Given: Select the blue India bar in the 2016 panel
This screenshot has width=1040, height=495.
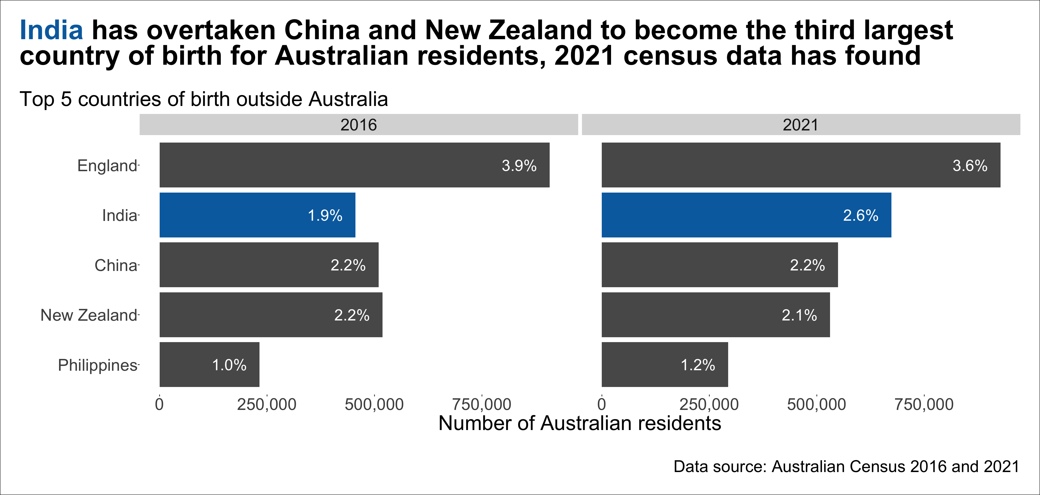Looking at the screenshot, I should [257, 215].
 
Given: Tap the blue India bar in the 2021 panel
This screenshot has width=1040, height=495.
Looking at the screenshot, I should [746, 215].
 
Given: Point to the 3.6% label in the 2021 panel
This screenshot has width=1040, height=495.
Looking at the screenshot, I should [970, 166].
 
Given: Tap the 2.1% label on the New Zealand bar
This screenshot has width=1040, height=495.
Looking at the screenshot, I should [799, 315].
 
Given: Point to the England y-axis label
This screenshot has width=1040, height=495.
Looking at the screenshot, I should [107, 166].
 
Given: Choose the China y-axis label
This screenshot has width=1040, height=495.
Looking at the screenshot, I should [116, 266].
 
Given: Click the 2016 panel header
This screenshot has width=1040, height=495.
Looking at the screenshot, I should [359, 125].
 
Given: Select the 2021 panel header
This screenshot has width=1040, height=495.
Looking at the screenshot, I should [801, 125].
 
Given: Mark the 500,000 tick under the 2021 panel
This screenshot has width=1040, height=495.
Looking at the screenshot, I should [816, 404].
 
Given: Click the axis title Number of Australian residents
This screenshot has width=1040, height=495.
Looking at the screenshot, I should [580, 423].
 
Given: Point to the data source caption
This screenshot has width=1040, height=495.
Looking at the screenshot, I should [846, 466].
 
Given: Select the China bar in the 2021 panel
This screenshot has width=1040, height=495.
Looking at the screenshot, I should [719, 265].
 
